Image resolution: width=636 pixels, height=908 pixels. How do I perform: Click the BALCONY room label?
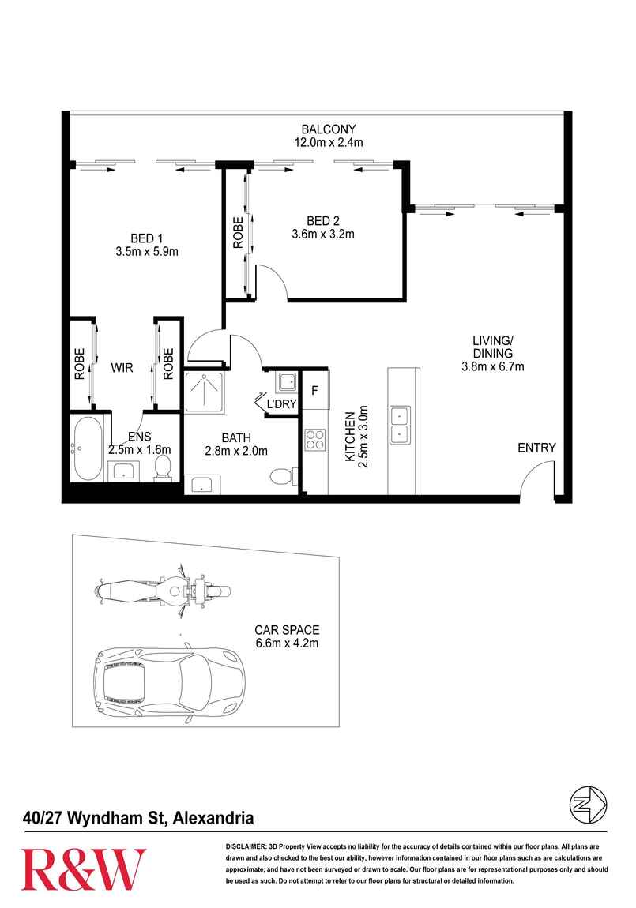point(328,129)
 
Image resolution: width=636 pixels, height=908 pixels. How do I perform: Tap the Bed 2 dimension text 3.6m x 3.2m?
point(322,234)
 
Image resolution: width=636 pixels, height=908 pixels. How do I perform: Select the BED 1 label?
point(146,238)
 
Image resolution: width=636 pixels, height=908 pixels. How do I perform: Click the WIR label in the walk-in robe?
point(122,368)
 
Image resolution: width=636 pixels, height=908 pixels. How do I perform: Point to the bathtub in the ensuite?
point(88,448)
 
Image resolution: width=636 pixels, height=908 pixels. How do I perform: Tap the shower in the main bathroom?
point(207,392)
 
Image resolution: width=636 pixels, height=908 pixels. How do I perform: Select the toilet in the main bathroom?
point(284,477)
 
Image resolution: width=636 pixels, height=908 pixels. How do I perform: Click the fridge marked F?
point(314,390)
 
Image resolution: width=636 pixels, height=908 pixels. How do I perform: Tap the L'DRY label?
point(281,403)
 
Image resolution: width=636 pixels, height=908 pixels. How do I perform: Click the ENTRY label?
point(536,448)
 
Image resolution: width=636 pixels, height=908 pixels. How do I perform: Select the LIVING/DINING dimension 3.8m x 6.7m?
point(492,366)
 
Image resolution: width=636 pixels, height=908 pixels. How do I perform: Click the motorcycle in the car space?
point(164,591)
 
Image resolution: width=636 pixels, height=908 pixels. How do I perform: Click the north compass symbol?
point(588,805)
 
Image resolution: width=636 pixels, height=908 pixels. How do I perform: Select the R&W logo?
point(84,869)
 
